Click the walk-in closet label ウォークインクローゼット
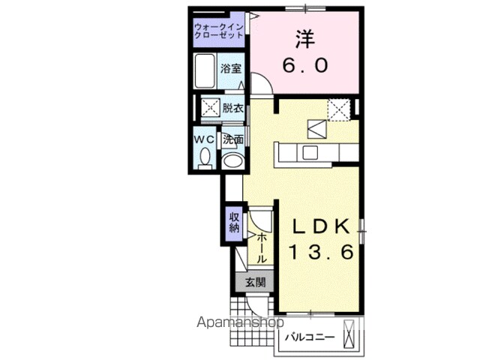point(219,31)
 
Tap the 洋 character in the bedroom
point(305,39)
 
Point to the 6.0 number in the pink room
point(305,65)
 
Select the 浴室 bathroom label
point(231,68)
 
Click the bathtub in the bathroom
point(205,71)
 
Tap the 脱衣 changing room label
point(232,108)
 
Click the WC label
point(205,139)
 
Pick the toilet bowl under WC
point(205,158)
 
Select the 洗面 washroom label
point(233,139)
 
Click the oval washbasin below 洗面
point(232,160)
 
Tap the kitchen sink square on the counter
point(310,152)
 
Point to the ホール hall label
point(262,248)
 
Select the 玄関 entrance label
point(255,282)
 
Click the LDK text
point(321,226)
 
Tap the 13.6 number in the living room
point(321,252)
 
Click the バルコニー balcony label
point(310,337)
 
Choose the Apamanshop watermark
point(240,323)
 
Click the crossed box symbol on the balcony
point(349,334)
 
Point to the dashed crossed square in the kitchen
point(338,109)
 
